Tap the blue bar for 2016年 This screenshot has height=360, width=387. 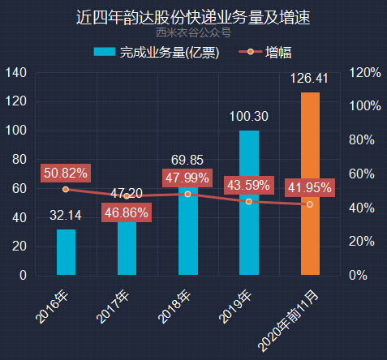pyautogui.click(x=66, y=252)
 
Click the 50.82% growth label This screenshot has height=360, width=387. pyautogui.click(x=66, y=173)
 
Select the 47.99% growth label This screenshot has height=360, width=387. pyautogui.click(x=188, y=178)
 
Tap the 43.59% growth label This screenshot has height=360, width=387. pyautogui.click(x=249, y=186)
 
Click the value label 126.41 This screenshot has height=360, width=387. pyautogui.click(x=310, y=79)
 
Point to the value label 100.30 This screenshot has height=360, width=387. pyautogui.click(x=249, y=116)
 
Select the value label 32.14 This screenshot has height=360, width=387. pyautogui.click(x=66, y=216)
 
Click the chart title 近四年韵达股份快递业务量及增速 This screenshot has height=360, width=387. pyautogui.click(x=193, y=17)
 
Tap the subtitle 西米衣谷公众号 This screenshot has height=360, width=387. pyautogui.click(x=193, y=33)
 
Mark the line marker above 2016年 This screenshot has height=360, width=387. pyautogui.click(x=66, y=189)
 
